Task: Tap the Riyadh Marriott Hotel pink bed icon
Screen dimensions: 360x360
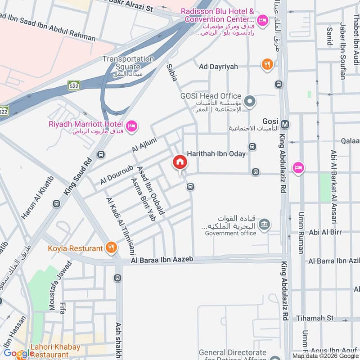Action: (131, 126)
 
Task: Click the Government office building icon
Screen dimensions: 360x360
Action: (265, 224)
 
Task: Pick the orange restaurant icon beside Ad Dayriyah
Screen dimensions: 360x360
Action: (267, 65)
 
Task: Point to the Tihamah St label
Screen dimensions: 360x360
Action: (315, 318)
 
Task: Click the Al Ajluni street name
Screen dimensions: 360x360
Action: (143, 142)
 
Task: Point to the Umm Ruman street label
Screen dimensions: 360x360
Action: (301, 232)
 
